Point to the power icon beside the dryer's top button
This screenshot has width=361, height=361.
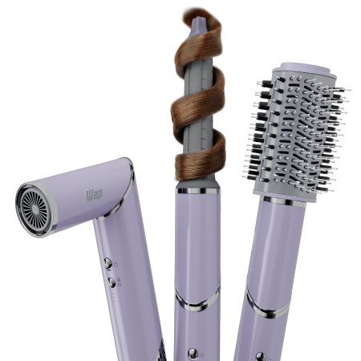click(x=118, y=262)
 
